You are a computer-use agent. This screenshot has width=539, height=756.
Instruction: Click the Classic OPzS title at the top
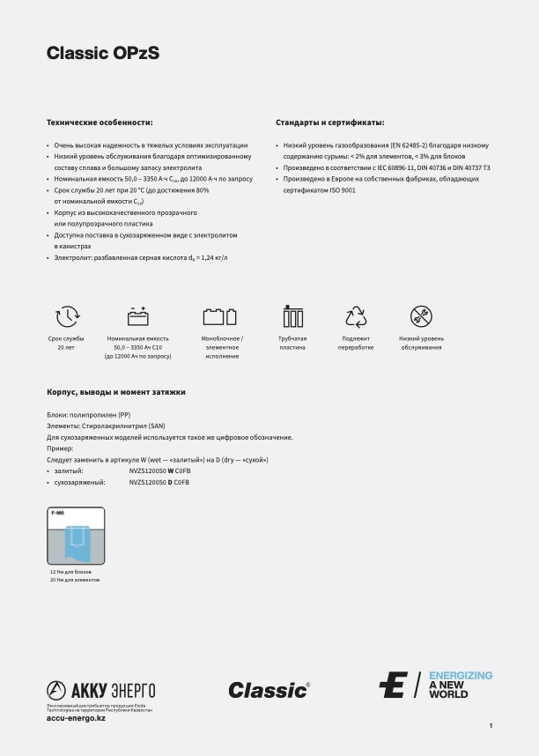point(103,55)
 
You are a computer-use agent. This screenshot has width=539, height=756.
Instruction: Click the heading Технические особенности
point(100,122)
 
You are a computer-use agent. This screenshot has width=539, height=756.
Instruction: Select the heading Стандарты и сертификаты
point(330,122)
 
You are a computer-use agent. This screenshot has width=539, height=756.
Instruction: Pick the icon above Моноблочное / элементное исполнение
point(220,317)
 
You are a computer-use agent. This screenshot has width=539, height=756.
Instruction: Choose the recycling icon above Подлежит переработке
point(356,317)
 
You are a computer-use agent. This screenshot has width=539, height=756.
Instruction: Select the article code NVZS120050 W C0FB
point(159,471)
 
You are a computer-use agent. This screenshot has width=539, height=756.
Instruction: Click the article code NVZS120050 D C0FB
point(159,483)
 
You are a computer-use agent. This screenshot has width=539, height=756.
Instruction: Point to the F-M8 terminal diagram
point(76,536)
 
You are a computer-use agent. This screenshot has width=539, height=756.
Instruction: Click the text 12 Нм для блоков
point(71,572)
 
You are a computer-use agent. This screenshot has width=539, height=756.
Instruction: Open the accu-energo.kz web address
point(76,718)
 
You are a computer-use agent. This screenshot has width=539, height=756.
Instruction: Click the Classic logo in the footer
point(269,690)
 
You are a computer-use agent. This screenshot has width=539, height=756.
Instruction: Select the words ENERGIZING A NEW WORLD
point(460,685)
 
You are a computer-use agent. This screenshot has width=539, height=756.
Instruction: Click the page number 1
point(491,725)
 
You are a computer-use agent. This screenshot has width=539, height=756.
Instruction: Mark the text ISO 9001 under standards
point(343,189)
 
